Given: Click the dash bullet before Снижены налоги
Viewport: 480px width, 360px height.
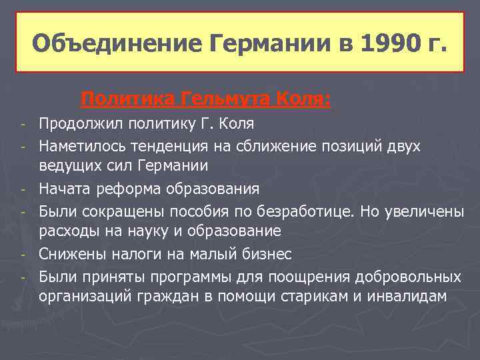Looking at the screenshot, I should (x=23, y=255).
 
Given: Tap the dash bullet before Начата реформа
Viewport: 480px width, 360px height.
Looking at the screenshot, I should (x=23, y=189).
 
